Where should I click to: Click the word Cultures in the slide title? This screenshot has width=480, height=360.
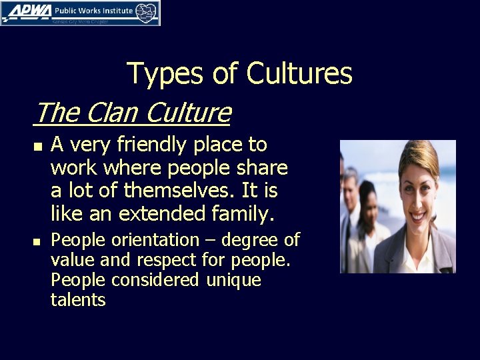(299, 73)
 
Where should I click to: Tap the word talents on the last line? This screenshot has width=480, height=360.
(78, 301)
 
